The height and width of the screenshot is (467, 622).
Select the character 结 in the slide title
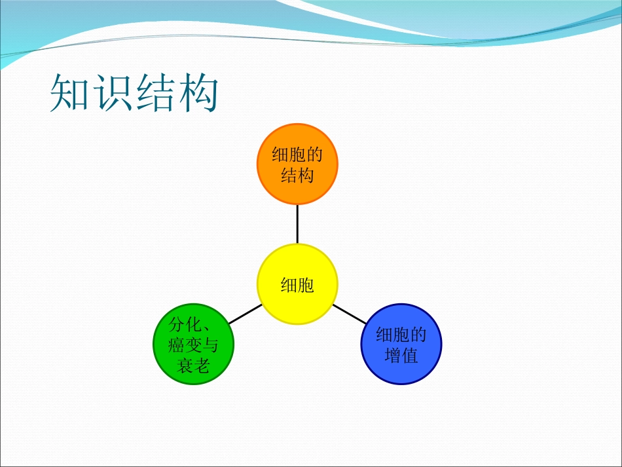[x=155, y=95]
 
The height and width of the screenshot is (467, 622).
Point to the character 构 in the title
[x=196, y=95]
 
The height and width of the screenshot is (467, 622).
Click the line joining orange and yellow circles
[x=297, y=224]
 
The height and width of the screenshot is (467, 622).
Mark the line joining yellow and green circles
[x=246, y=314]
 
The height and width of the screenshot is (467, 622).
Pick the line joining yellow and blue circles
[x=349, y=314]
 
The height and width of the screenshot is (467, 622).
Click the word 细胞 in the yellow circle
[x=297, y=285]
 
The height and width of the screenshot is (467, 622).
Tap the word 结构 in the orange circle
[x=297, y=176]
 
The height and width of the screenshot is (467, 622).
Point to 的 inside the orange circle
[x=314, y=155]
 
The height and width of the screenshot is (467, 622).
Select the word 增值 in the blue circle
[x=401, y=356]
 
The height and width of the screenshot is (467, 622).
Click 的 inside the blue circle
[x=418, y=335]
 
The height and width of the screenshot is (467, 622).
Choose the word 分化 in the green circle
[x=185, y=324]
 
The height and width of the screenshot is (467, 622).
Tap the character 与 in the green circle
[x=210, y=345]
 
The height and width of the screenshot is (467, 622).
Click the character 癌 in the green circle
[x=176, y=345]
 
